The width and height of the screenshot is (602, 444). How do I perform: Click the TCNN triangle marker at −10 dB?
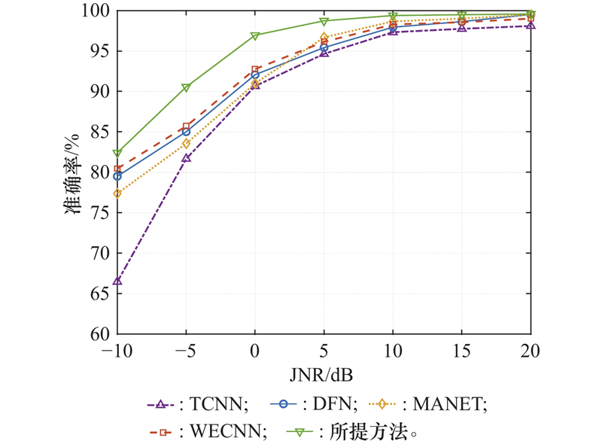tap(118, 281)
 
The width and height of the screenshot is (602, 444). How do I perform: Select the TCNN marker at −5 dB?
tap(186, 158)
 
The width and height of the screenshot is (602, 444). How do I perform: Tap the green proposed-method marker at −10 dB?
tap(118, 154)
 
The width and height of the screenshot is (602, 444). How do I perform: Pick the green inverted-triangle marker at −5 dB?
tap(186, 88)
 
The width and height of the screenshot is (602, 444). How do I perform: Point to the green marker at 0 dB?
tap(255, 36)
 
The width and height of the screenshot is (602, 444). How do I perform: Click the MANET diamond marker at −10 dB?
tap(118, 193)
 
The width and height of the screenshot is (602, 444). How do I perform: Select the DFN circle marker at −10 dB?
tap(118, 176)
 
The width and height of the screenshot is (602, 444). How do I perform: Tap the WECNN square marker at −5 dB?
tap(186, 127)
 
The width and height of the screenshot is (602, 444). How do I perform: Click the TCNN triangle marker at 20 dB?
tap(531, 25)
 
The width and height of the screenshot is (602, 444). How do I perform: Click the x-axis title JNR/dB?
tap(325, 372)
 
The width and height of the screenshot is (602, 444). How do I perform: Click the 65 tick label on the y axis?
tap(99, 293)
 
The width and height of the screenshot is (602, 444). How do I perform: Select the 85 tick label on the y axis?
tap(99, 132)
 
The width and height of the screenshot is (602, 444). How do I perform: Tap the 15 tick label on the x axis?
tap(462, 350)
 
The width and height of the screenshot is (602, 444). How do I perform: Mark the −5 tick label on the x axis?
tap(184, 350)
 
